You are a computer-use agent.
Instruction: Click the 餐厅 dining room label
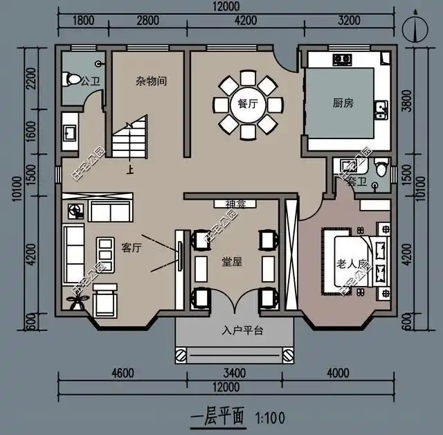pos(247,104)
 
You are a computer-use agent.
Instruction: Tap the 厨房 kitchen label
pos(343,103)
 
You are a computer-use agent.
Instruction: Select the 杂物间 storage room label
pos(151,81)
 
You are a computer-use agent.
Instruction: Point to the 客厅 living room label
pos(132,247)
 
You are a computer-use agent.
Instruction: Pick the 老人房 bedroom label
pos(350,264)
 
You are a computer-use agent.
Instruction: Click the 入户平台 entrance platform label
pos(242,330)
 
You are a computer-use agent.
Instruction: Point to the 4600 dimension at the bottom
pos(122,373)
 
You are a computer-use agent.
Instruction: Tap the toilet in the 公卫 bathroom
pos(70,78)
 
